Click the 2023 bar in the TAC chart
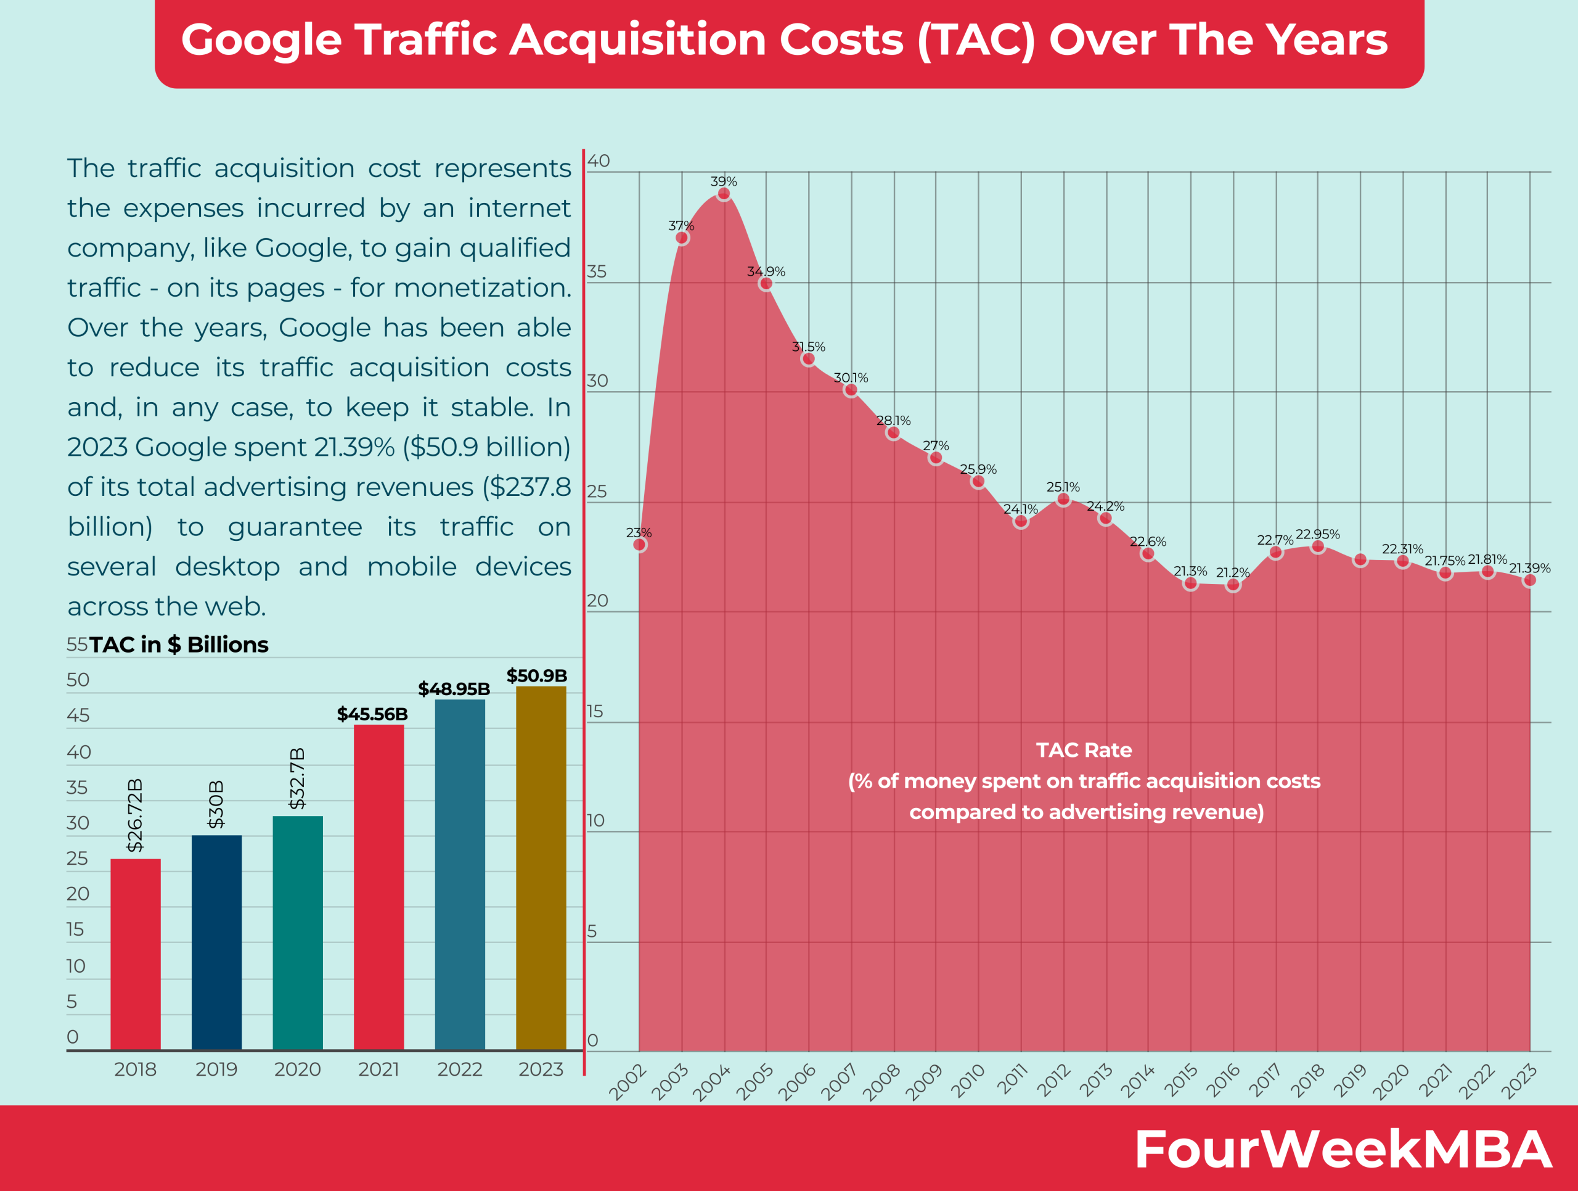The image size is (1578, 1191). pos(541,867)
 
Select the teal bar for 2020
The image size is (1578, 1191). pos(298,931)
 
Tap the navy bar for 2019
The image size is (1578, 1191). pos(216,942)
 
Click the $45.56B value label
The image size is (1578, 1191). pos(372,714)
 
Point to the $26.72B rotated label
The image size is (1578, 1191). pos(135,815)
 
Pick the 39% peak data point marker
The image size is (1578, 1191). pos(724,194)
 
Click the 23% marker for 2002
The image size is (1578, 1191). pos(639,545)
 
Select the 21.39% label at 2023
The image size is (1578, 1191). pos(1529,568)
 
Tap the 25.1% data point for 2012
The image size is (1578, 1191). pos(1063,500)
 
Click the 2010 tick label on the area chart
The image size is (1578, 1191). pos(968,1080)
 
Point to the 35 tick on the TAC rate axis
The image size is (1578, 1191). pos(597,272)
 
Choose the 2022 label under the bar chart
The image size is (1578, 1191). pos(459,1069)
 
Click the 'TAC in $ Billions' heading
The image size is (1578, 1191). pos(178,645)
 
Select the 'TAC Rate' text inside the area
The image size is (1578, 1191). pos(1084,750)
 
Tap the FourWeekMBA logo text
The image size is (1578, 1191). pos(1343,1149)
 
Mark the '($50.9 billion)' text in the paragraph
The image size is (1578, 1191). pos(486,447)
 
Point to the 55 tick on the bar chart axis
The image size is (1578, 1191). pos(76,645)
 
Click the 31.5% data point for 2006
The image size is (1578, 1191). pos(807,359)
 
